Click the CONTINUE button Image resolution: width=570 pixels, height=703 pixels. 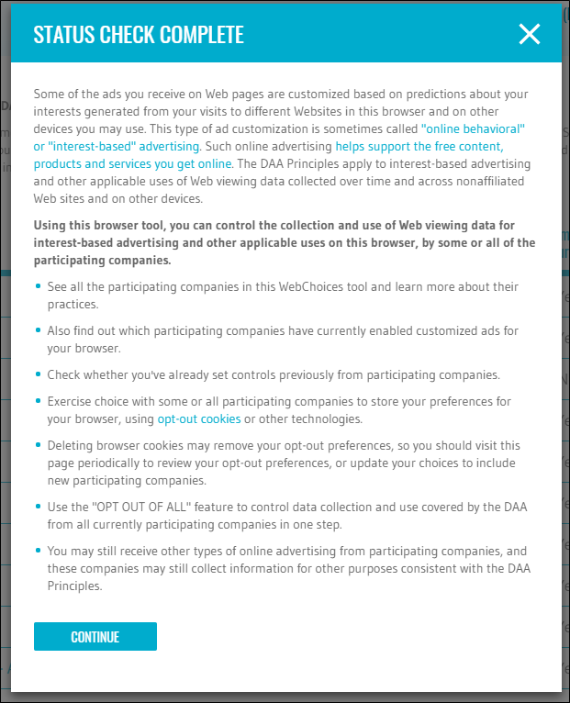point(95,637)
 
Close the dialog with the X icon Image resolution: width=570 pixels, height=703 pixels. point(530,35)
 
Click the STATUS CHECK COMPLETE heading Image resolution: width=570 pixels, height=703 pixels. point(139,36)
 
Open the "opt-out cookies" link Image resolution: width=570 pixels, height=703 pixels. point(199,418)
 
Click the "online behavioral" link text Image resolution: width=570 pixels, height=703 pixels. point(473,129)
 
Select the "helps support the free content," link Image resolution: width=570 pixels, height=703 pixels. point(419,146)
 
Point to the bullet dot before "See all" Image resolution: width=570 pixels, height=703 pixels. point(38,287)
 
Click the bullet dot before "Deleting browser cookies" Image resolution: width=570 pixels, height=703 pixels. point(38,446)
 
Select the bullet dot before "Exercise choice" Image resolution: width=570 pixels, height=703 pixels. point(38,401)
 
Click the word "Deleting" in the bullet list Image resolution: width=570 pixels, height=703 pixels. point(71,446)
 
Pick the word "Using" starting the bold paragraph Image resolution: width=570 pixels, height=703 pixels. point(50,225)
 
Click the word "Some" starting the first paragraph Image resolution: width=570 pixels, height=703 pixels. point(50,94)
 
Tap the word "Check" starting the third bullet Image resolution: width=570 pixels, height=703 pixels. point(65,374)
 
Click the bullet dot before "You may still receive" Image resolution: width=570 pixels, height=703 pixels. point(38,551)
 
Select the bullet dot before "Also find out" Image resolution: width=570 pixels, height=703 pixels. point(38,330)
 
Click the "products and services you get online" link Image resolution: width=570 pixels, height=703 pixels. point(133,163)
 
